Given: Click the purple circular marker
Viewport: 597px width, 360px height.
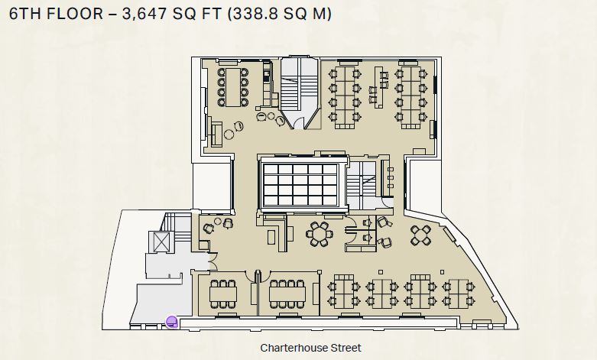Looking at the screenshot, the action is [172, 322].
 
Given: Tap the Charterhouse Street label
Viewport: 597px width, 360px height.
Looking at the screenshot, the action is [310, 348].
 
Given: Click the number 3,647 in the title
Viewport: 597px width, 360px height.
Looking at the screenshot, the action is [144, 14].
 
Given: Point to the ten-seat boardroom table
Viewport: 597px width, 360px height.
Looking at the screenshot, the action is [233, 87].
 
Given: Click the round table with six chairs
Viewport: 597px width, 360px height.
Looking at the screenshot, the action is [319, 234].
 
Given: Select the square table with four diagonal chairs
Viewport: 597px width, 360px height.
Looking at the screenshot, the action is [420, 235].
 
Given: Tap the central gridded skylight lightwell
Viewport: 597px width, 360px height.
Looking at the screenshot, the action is [300, 184].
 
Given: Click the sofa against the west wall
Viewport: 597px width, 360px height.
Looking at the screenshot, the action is [216, 133].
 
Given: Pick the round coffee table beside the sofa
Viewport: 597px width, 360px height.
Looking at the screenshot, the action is [229, 134].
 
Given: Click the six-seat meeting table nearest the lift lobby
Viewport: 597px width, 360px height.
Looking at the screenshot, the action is [223, 294].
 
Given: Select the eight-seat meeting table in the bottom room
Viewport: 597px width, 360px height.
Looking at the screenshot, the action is [287, 294].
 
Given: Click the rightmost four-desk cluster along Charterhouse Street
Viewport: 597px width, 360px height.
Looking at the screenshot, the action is [459, 294].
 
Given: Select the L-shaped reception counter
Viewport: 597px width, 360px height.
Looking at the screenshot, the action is [277, 233].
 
